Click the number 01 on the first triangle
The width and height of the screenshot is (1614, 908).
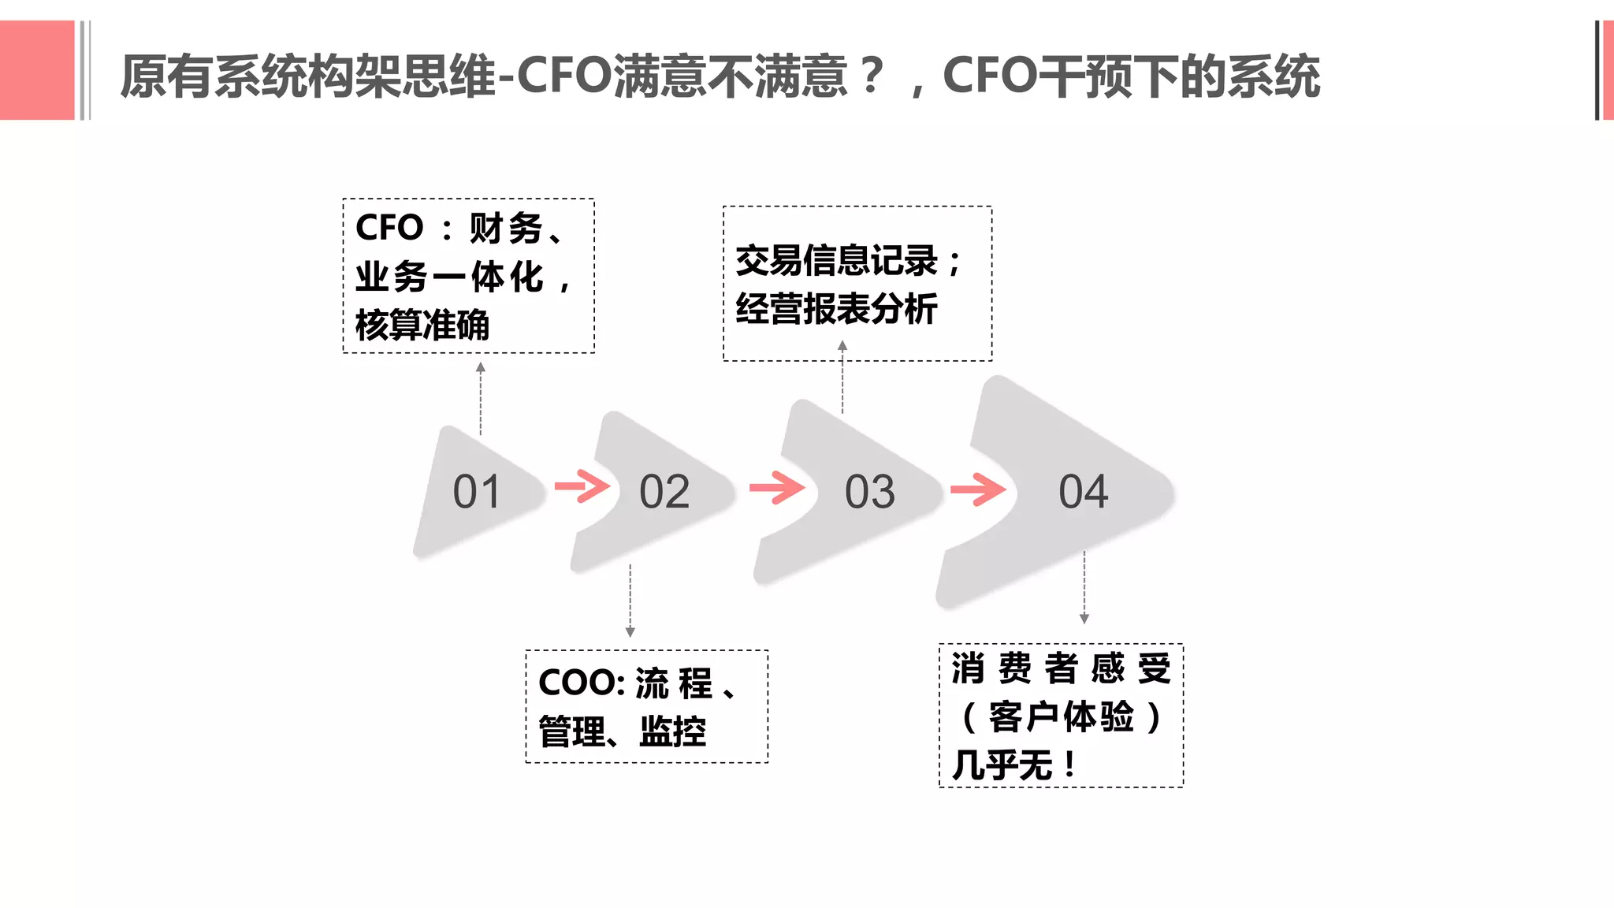[x=477, y=492]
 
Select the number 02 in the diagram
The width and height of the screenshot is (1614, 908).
[x=664, y=492]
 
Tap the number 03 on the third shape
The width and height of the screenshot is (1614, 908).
[x=870, y=492]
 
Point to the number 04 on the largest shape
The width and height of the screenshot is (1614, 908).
[x=1084, y=492]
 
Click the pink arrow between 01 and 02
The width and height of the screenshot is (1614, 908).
[x=582, y=486]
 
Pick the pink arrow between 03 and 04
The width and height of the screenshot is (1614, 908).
[x=978, y=489]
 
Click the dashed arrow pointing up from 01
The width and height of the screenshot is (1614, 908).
[x=481, y=399]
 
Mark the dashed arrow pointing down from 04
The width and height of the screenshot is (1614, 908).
[x=1084, y=587]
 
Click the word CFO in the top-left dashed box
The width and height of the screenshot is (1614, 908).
[x=389, y=228]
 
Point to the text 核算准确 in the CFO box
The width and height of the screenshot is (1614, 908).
[x=422, y=325]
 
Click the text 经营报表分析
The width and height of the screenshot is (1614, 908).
[x=836, y=308]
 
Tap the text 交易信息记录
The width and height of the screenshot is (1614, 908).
[x=836, y=261]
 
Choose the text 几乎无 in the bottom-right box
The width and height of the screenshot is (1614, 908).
[x=1002, y=765]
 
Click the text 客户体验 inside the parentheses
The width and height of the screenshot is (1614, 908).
[x=1061, y=717]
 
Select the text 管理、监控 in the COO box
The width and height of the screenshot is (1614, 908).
[x=622, y=731]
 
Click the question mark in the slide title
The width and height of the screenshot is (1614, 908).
[x=872, y=76]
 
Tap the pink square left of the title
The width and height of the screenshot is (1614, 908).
[x=37, y=70]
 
